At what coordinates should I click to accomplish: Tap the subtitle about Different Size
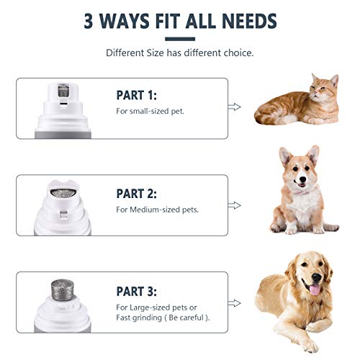coord(179,53)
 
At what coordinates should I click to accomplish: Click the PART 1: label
coord(137,95)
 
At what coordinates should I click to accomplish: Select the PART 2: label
coord(137,193)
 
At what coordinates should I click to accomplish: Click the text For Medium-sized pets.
coord(158,210)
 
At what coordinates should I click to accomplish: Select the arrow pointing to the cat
coord(234,106)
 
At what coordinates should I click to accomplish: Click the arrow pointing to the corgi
coord(234,204)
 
